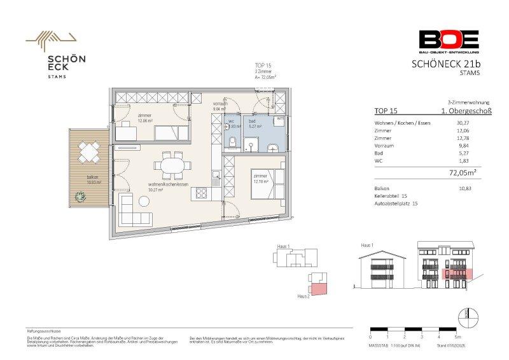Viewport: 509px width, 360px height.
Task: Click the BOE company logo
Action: pos(449,41)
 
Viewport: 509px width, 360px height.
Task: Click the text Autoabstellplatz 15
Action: pos(396,204)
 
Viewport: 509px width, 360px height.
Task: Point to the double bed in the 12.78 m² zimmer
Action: pos(265,184)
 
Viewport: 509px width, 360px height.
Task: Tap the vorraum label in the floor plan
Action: pos(220,104)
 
